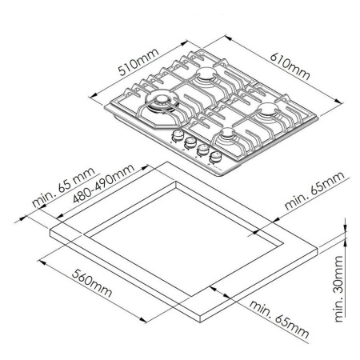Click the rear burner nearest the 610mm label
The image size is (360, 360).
[209, 78]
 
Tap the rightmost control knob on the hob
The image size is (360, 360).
[215, 157]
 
